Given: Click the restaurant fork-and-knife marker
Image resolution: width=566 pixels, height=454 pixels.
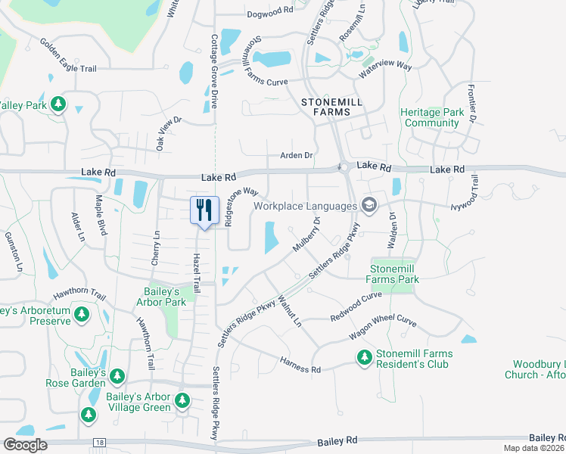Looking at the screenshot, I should pos(204,209).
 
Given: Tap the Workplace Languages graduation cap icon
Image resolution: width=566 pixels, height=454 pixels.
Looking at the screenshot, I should pos(369,205).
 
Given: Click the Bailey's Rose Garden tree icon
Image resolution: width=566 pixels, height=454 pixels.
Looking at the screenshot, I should pos(117,376).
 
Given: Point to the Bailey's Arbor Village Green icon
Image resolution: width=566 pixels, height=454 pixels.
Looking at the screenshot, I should pos(182,400).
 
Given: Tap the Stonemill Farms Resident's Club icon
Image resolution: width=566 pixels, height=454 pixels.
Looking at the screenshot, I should pos(365,356).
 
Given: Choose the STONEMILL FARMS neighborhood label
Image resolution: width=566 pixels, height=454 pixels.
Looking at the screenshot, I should pos(325,107).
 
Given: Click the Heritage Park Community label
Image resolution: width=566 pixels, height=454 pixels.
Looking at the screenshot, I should pos(432,117).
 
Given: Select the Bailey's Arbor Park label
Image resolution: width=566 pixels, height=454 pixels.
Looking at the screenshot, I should pos(166,297).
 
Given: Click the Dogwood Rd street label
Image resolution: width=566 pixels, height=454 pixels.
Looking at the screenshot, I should pos(269,11).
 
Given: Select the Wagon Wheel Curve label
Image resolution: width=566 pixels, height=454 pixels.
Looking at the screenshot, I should pos(382,327).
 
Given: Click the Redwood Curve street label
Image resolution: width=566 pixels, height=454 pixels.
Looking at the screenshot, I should pos(356,306).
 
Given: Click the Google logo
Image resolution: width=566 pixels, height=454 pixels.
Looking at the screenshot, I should pos(24,444).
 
